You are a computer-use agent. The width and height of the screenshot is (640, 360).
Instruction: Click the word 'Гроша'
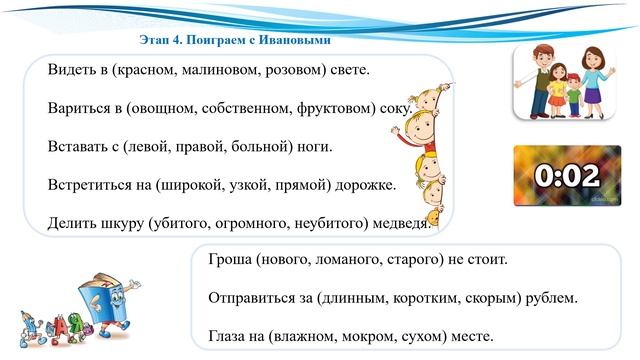tap(230, 260)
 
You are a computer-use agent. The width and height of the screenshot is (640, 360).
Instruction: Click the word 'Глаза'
tap(229, 336)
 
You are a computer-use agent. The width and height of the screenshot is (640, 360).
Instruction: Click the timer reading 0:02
tap(566, 176)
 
